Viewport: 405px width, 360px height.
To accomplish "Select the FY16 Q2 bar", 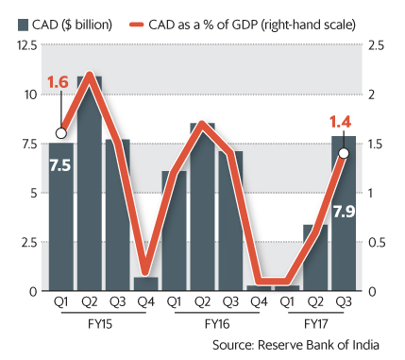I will (x=202, y=208).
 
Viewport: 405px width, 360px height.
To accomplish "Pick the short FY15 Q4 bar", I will (x=145, y=283).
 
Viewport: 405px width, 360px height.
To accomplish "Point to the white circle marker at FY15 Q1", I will (x=61, y=133).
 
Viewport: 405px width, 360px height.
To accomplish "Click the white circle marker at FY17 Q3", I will (x=344, y=152).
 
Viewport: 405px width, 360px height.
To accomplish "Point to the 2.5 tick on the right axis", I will (x=376, y=45).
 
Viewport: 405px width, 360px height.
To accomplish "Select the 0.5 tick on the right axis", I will (x=376, y=242).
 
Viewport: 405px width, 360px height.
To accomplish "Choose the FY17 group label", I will (x=314, y=323).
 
